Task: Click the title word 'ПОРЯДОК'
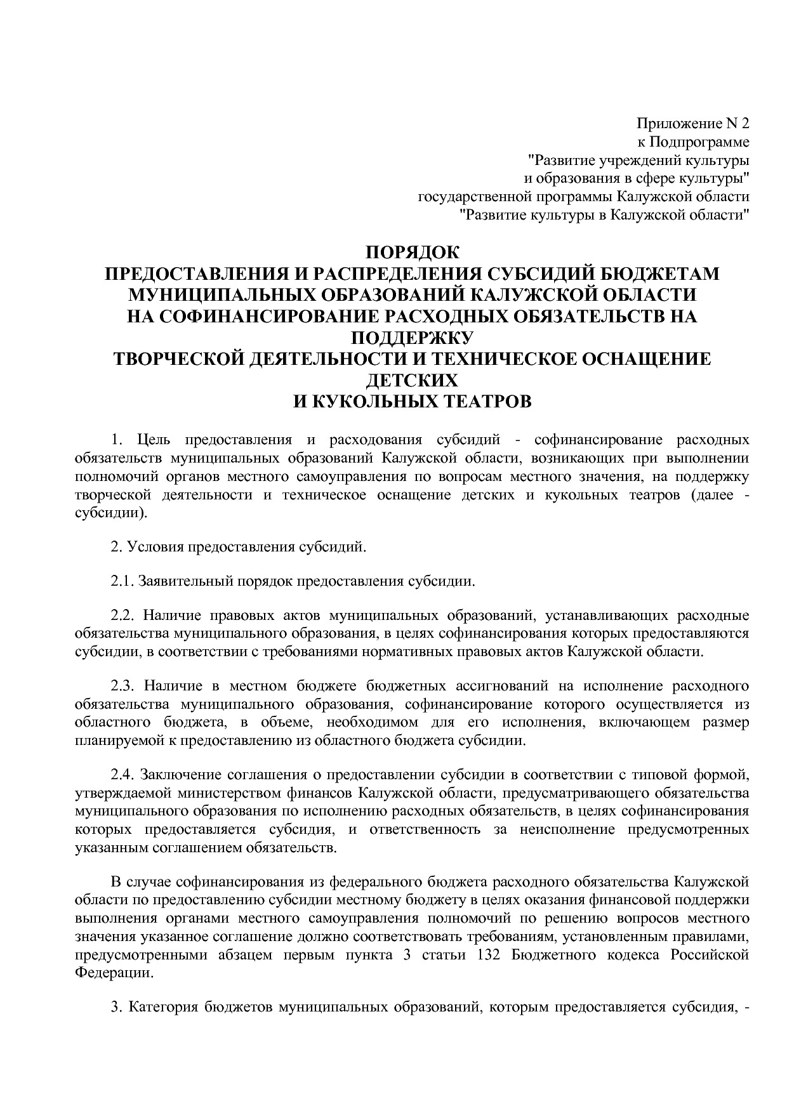[412, 253]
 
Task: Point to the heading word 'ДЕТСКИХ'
[412, 379]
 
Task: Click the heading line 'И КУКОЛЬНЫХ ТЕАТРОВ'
[412, 401]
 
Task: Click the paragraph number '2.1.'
[123, 581]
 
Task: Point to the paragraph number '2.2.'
[123, 616]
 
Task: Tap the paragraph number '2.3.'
[123, 686]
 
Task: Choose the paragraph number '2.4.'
[123, 775]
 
